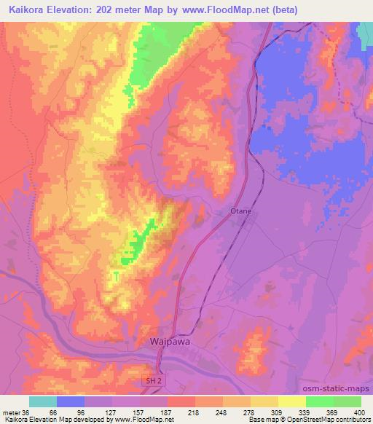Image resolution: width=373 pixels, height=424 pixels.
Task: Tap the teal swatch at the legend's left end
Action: point(43,401)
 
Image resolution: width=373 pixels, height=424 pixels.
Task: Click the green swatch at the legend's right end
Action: point(347,401)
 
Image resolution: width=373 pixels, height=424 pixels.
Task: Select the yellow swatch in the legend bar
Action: point(291,401)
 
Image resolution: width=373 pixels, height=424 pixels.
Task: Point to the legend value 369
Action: point(333,412)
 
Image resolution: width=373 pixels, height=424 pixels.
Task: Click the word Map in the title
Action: point(163,9)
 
